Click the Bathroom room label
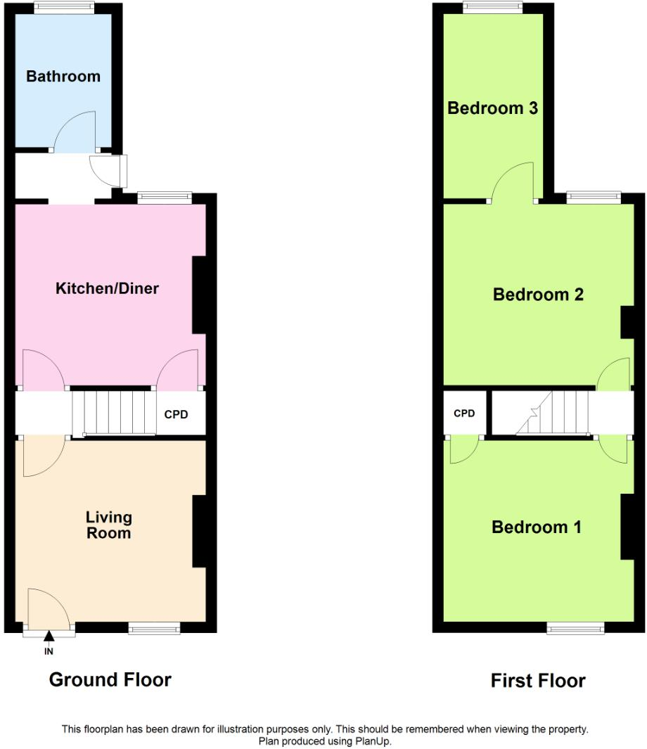63,76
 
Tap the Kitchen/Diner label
108,288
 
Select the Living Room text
108,525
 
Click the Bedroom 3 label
493,108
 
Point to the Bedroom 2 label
538,294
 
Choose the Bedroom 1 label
537,527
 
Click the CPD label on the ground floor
176,414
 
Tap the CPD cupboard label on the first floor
464,414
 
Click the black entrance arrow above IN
49,637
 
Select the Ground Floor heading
110,680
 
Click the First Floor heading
538,681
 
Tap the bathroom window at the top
65,8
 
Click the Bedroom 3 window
493,8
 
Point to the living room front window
154,627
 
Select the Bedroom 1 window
575,627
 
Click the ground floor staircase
113,413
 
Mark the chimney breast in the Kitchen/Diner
199,295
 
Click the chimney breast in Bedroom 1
628,527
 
